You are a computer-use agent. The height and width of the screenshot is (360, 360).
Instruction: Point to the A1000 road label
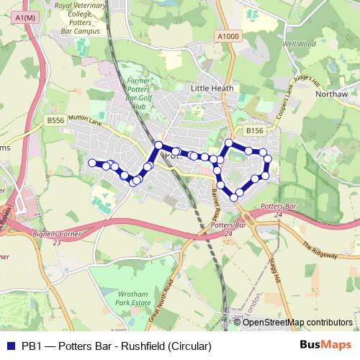[x=226, y=36]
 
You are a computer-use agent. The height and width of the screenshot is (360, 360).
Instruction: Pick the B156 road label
[x=254, y=130]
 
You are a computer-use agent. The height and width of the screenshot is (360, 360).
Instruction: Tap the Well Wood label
[x=299, y=43]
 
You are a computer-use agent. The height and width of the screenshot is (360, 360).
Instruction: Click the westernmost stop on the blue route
[x=92, y=163]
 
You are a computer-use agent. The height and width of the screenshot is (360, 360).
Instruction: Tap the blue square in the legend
[x=10, y=346]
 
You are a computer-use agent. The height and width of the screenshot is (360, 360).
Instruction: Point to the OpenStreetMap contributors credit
[x=297, y=323]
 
